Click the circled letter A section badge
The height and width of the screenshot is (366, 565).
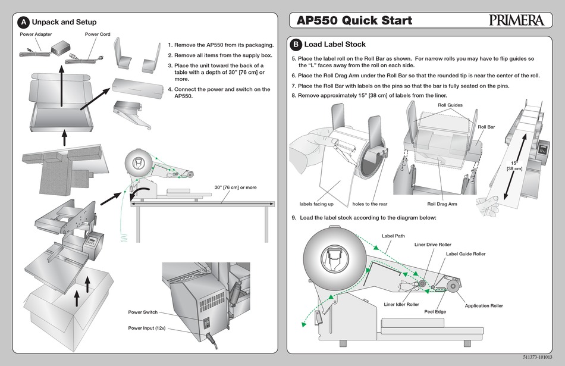pos(23,22)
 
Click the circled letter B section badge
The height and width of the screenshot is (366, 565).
pos(295,45)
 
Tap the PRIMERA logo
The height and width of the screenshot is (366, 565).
pos(517,20)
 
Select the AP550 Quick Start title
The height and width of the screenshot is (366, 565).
pos(354,21)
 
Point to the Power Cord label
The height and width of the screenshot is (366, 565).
pos(98,35)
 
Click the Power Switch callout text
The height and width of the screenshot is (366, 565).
pos(143,312)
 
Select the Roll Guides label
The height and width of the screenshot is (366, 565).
pos(450,105)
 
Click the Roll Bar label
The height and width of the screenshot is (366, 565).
pos(486,127)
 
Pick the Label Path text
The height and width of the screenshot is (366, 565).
pos(393,236)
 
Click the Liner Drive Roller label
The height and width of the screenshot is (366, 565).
pos(432,245)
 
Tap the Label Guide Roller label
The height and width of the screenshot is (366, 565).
pos(466,254)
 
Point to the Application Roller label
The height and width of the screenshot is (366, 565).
pos(484,306)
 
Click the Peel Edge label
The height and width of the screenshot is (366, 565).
pos(435,311)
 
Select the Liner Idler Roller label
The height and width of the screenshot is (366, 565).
pos(401,305)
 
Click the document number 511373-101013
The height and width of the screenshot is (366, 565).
pos(540,357)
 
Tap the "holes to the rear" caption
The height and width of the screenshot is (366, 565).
pos(370,204)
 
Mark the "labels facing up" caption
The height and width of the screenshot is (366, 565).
pos(316,204)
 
